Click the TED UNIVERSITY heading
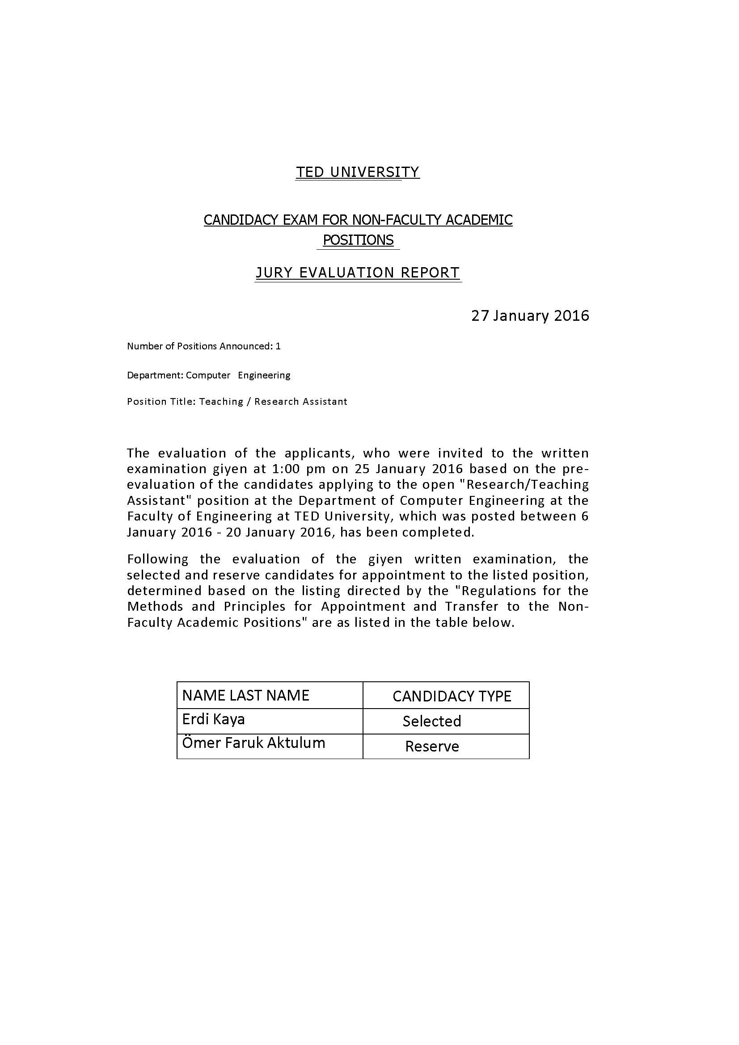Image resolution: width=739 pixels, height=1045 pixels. coord(358,172)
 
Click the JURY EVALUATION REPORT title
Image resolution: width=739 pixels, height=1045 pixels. coord(358,273)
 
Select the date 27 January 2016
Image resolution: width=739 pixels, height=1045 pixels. coord(529,316)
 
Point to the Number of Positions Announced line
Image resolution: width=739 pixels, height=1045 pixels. coord(203,346)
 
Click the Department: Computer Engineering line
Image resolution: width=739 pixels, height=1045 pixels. coord(208,375)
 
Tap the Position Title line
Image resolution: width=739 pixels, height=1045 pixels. coord(237,402)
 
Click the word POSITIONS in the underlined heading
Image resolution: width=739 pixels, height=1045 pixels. coord(358,240)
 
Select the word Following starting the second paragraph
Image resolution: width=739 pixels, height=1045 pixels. coord(157,559)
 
